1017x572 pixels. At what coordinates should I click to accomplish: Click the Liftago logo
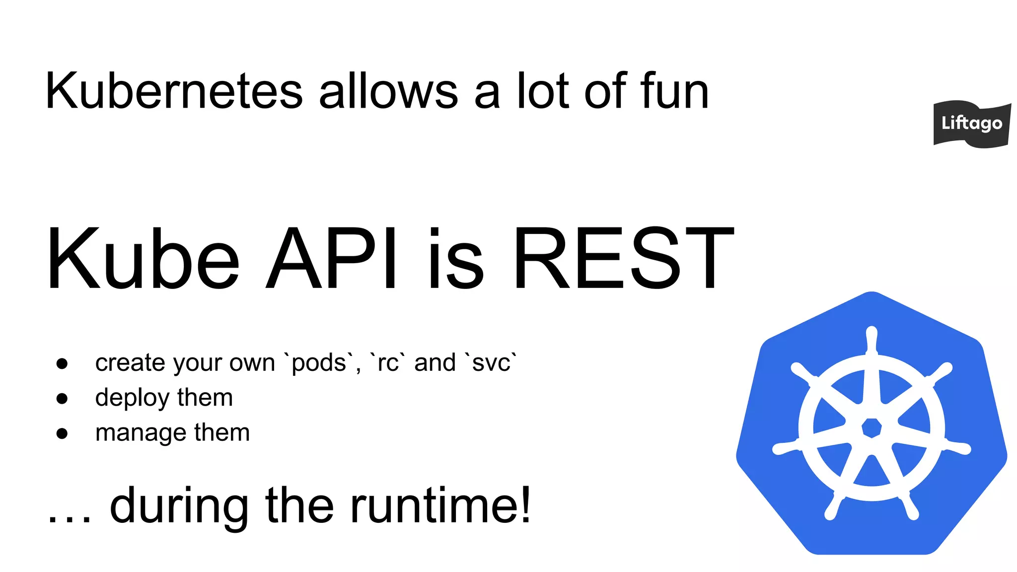972,124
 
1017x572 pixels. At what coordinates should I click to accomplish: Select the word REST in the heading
623,258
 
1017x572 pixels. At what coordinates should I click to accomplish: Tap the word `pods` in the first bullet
319,363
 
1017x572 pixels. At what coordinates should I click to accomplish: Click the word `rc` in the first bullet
388,363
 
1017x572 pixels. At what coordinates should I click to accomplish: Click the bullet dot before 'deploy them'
62,398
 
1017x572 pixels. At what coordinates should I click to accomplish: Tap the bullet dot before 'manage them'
62,433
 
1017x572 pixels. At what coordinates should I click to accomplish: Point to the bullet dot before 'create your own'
62,363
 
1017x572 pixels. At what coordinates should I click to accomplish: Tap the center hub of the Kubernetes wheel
872,428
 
